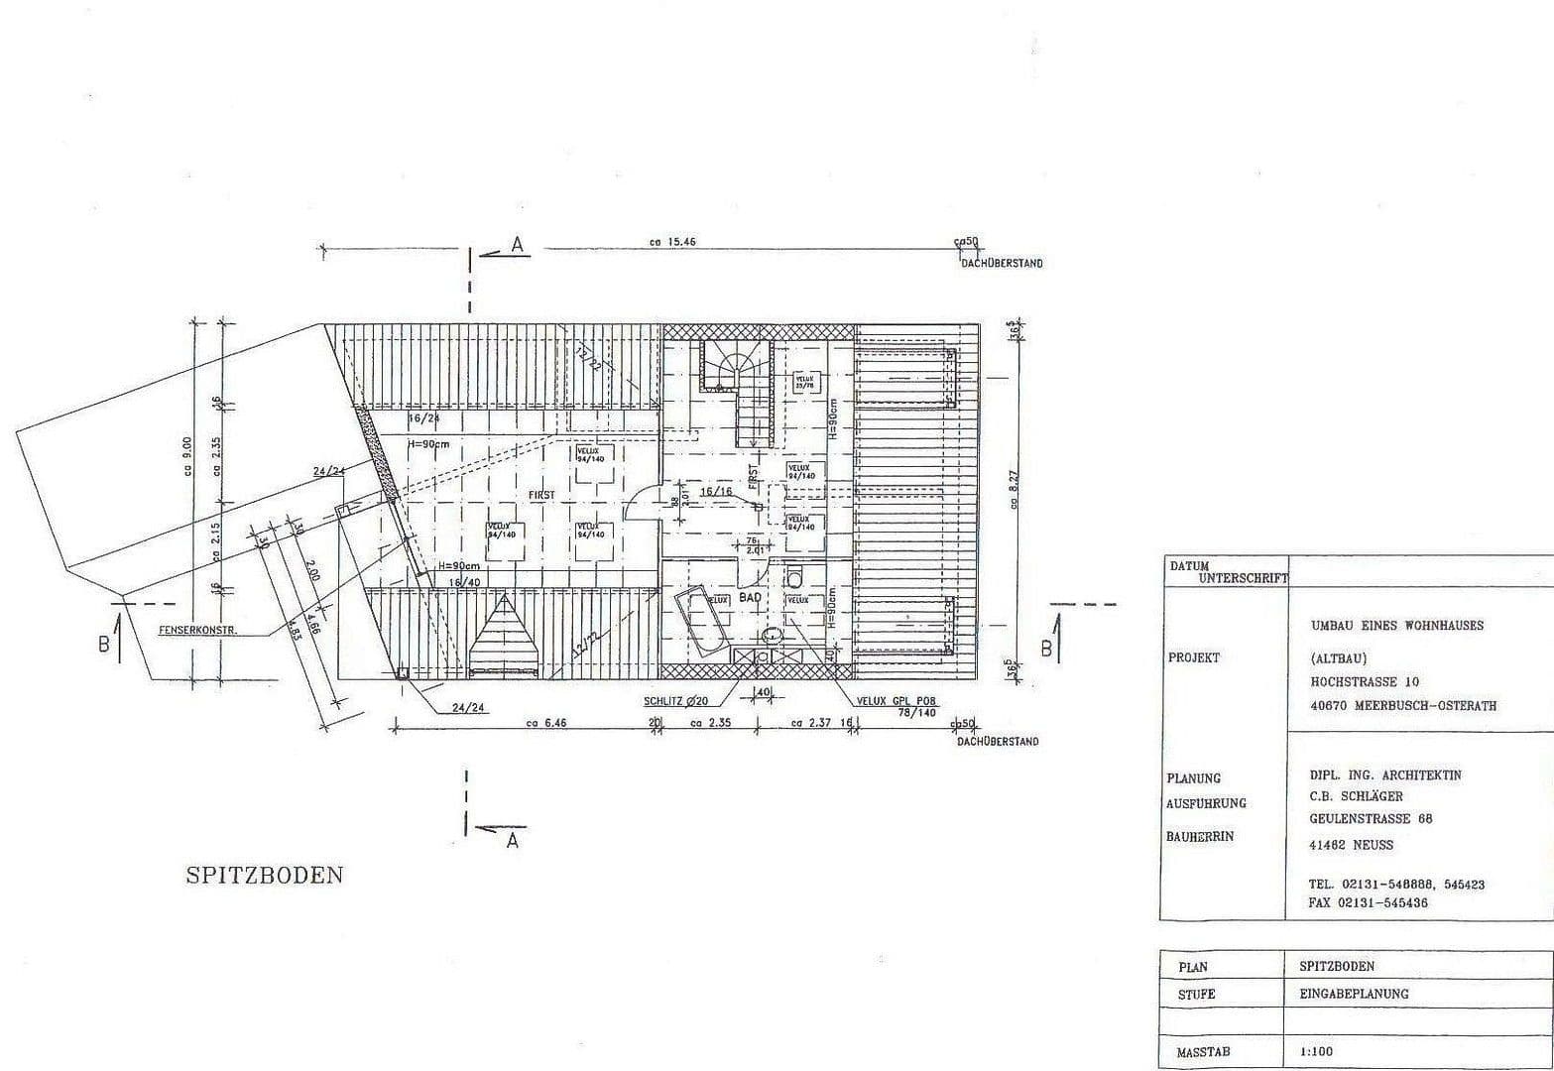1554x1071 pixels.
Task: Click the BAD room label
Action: (x=750, y=598)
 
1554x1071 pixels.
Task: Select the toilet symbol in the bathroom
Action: (x=795, y=576)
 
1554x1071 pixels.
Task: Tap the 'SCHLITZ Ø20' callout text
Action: (x=675, y=701)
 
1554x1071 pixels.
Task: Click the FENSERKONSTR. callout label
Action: (x=197, y=630)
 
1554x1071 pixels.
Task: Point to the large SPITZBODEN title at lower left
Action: (x=264, y=875)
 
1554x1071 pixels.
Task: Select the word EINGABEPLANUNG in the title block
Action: (x=1354, y=993)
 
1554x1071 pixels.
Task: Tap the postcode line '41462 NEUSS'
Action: (x=1351, y=845)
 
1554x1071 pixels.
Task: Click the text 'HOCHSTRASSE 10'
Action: (x=1365, y=682)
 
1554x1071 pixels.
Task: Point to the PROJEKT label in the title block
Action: (x=1194, y=657)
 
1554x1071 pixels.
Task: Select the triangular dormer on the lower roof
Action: (x=505, y=635)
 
